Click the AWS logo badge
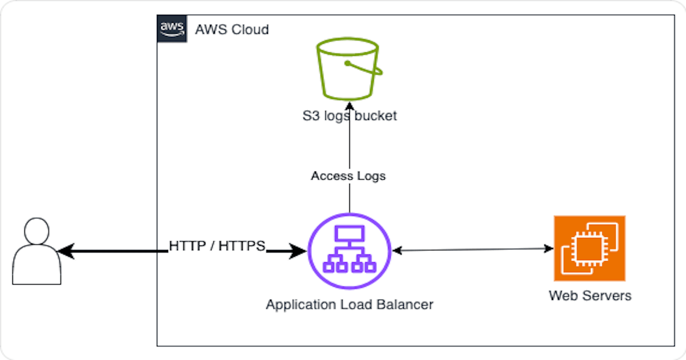pos(172,29)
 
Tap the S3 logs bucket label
pos(349,116)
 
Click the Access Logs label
pos(348,176)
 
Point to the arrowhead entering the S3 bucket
pos(349,106)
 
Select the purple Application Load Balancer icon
pos(349,251)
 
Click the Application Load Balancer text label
pos(349,304)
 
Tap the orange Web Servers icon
pos(590,249)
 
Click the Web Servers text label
pos(590,296)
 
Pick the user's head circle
pos(37,231)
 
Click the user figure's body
pos(37,266)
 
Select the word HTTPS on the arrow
pos(242,246)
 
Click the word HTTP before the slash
pos(187,246)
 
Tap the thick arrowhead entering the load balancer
pos(298,251)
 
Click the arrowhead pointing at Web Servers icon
pos(549,248)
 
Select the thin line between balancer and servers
pos(472,249)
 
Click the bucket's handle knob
pos(347,63)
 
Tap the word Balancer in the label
pos(405,304)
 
